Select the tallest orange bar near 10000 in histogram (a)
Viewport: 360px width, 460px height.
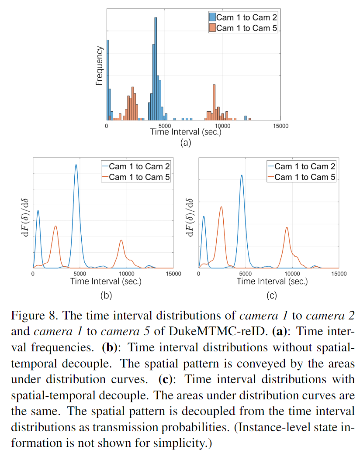[214, 101]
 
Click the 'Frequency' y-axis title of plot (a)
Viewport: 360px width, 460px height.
[99, 66]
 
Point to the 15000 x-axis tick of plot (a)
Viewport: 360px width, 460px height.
[280, 126]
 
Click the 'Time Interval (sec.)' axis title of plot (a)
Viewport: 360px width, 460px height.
[186, 132]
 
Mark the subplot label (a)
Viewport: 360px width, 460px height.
[186, 142]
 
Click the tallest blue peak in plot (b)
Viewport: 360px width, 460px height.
[76, 166]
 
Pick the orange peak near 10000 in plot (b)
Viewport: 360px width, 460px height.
[121, 241]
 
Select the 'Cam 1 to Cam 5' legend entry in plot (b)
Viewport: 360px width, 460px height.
[135, 177]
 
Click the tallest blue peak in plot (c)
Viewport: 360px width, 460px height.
[242, 176]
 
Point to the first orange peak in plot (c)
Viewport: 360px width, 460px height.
[221, 207]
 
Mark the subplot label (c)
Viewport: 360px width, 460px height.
[271, 295]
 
